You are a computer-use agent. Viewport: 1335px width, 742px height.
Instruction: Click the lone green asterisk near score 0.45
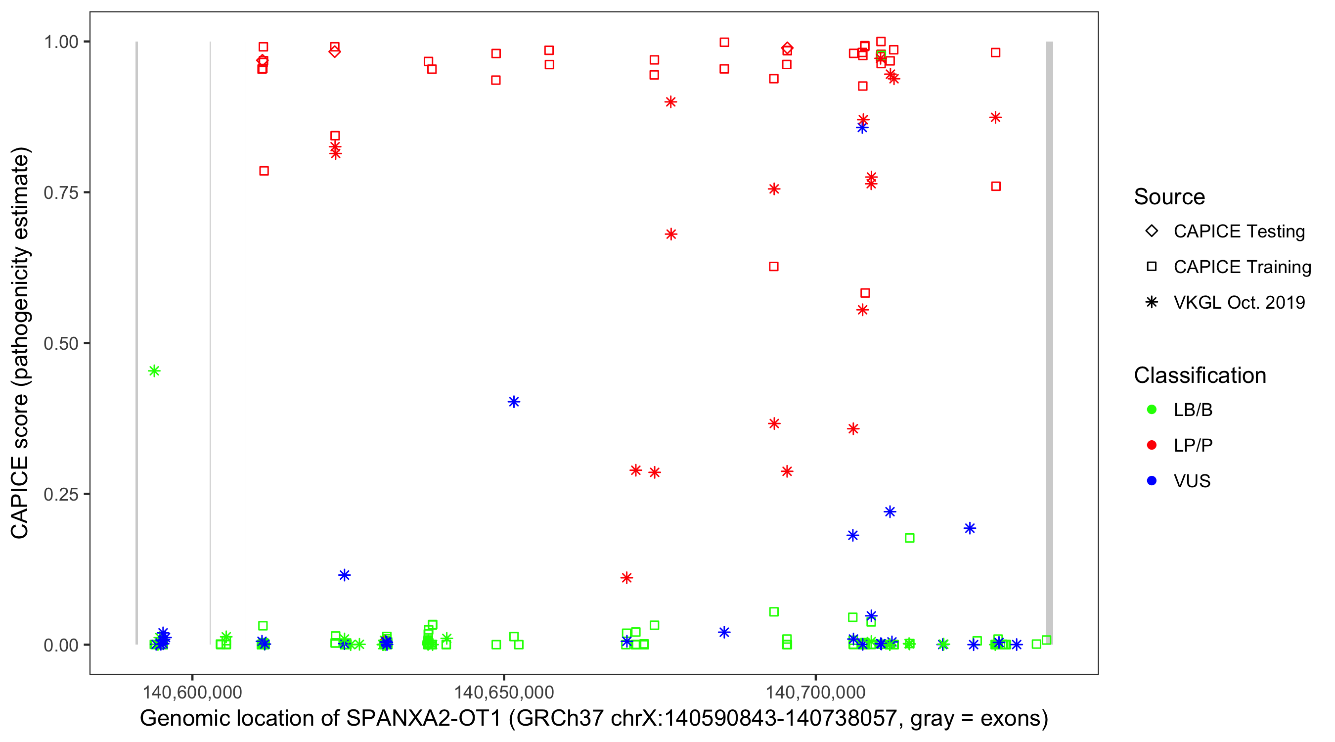154,371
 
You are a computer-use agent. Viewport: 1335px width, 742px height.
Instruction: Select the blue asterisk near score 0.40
514,402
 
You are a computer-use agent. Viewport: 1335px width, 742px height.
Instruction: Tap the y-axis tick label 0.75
61,193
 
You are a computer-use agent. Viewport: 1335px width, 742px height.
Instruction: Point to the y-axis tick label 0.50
61,343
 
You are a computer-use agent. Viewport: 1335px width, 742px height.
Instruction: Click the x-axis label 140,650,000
504,692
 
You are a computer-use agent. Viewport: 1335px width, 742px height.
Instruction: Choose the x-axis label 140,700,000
815,692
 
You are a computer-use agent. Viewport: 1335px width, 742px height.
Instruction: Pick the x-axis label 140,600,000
192,692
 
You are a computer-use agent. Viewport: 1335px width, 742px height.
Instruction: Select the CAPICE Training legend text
1242,267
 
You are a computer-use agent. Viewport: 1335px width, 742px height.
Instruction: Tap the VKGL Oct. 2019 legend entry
1239,302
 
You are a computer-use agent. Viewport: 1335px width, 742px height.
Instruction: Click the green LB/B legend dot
1152,410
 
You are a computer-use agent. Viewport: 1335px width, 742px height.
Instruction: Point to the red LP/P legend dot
1152,445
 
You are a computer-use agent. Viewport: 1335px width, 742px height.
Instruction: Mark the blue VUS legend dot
1152,481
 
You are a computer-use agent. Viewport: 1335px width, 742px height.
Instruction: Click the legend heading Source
1169,197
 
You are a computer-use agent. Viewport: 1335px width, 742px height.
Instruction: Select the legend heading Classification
1200,375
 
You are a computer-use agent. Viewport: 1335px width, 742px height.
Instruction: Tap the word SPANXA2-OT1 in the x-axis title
424,719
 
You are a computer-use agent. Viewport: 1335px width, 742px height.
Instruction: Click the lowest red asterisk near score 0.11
626,578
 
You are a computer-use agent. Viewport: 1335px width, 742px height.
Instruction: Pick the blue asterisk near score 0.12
345,575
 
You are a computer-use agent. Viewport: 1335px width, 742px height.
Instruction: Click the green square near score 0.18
909,538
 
